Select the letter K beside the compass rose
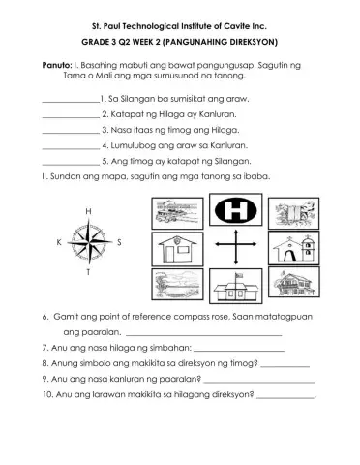click(x=59, y=243)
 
